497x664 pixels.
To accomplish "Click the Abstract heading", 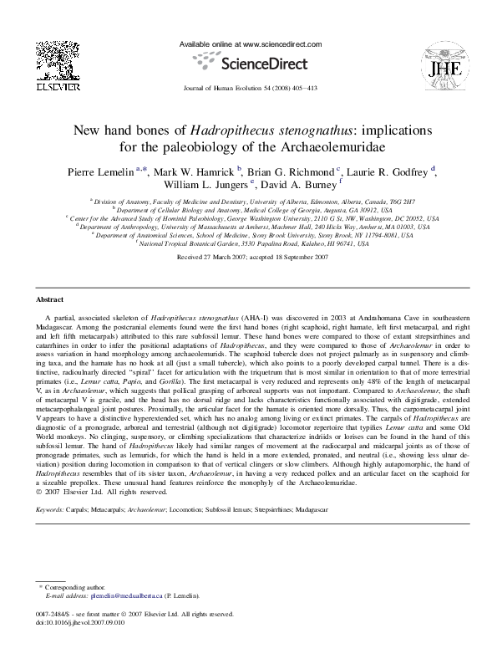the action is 50,299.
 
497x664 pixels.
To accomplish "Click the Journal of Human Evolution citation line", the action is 248,87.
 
